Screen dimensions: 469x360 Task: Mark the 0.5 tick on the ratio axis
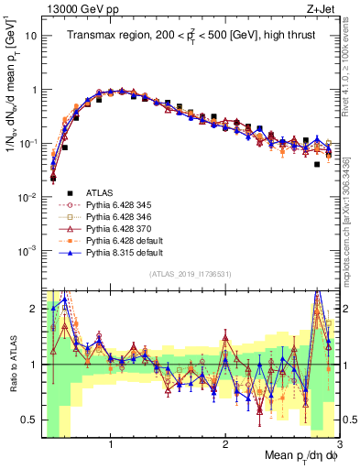(30, 420)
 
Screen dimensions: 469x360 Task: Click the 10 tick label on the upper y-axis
(30, 36)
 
